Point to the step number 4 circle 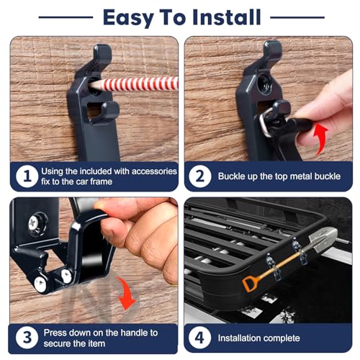click(202, 337)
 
